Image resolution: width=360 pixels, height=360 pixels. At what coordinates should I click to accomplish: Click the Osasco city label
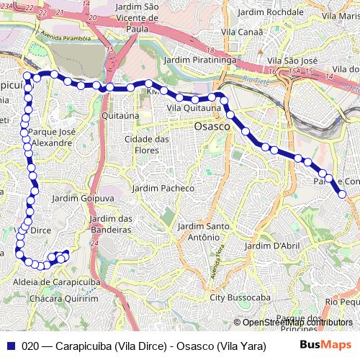[212, 125]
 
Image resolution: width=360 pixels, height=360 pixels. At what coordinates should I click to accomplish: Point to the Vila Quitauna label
[194, 108]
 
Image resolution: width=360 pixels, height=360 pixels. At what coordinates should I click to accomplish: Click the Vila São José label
[292, 62]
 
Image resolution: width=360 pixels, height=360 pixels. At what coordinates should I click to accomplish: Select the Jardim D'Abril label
[271, 246]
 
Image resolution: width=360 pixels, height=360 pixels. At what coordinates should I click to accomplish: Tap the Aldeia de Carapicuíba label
[57, 284]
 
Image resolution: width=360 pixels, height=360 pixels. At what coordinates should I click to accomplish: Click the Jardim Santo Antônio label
[203, 232]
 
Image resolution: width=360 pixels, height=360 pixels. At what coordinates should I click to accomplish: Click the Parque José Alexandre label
[50, 138]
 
